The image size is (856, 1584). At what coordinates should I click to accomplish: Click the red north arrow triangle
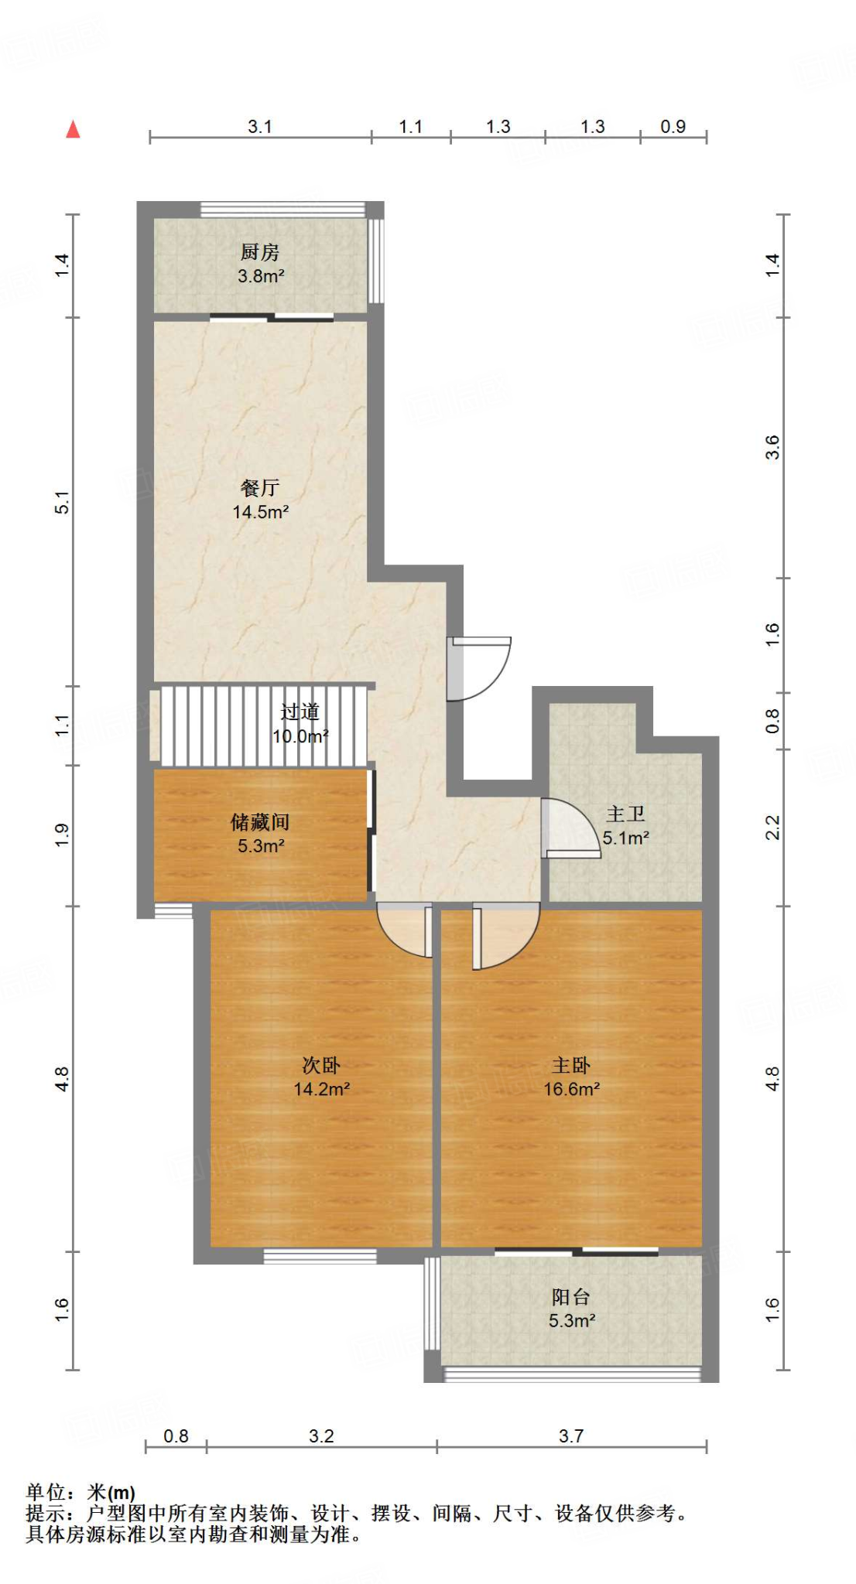pyautogui.click(x=74, y=129)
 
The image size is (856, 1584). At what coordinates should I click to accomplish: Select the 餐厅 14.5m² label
pyautogui.click(x=260, y=500)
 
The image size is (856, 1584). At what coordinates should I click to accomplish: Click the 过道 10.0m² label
pyautogui.click(x=300, y=724)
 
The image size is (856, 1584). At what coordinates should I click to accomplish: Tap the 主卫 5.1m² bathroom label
pyautogui.click(x=625, y=825)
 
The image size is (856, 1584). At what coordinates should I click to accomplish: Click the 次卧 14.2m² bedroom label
pyautogui.click(x=321, y=1077)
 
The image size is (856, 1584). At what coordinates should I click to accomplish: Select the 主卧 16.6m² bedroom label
pyautogui.click(x=571, y=1077)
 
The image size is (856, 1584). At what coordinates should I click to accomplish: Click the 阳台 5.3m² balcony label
pyautogui.click(x=571, y=1309)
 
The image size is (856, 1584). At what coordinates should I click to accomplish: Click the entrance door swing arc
pyautogui.click(x=484, y=669)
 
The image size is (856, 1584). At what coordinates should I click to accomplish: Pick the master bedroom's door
pyautogui.click(x=503, y=936)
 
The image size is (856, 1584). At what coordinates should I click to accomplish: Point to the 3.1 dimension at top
pyautogui.click(x=260, y=127)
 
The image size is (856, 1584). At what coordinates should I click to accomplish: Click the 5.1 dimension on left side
pyautogui.click(x=63, y=502)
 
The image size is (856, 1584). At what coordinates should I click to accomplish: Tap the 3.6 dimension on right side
pyautogui.click(x=772, y=447)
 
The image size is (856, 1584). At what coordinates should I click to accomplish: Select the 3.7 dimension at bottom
pyautogui.click(x=571, y=1436)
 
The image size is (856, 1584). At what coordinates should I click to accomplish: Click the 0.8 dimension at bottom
pyautogui.click(x=176, y=1436)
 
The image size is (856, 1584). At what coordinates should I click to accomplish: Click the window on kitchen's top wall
pyautogui.click(x=282, y=209)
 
